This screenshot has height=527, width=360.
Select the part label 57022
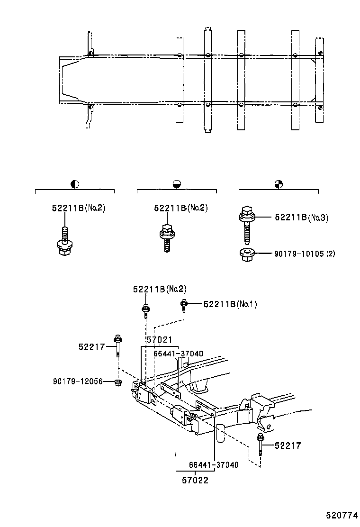click(x=195, y=480)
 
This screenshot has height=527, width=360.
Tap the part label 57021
click(x=159, y=340)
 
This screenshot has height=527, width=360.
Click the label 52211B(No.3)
click(x=302, y=218)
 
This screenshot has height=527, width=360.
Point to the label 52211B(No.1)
click(x=230, y=304)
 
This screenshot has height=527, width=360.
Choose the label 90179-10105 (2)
click(x=305, y=254)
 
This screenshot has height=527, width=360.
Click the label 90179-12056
click(x=78, y=381)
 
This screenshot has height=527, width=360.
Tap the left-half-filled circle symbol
click(x=74, y=184)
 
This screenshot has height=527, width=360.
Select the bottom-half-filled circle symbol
click(x=176, y=184)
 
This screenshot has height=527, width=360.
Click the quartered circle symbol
click(x=279, y=184)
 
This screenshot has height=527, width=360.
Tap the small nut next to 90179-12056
click(x=118, y=382)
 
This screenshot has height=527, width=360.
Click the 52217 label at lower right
click(x=288, y=445)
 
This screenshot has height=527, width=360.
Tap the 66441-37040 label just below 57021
click(x=178, y=353)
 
